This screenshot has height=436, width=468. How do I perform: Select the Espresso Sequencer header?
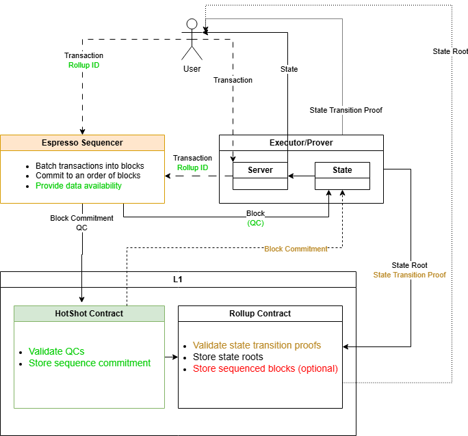pyautogui.click(x=82, y=143)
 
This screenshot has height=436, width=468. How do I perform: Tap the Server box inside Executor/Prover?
pyautogui.click(x=260, y=170)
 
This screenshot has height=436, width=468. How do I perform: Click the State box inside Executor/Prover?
pyautogui.click(x=342, y=170)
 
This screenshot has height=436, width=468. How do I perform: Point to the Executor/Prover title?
pyautogui.click(x=301, y=143)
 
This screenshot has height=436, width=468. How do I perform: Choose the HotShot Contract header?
pyautogui.click(x=89, y=314)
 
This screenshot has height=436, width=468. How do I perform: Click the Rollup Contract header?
pyautogui.click(x=260, y=314)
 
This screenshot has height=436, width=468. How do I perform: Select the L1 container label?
pyautogui.click(x=178, y=280)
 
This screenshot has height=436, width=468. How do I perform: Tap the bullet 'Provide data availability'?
pyautogui.click(x=79, y=186)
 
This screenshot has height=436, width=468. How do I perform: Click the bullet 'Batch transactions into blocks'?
pyautogui.click(x=90, y=166)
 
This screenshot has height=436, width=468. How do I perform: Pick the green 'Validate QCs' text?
pyautogui.click(x=57, y=351)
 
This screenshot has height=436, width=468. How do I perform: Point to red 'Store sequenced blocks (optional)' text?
pyautogui.click(x=265, y=368)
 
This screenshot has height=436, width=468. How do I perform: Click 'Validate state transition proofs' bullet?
pyautogui.click(x=257, y=345)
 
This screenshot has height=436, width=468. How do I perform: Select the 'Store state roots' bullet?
pyautogui.click(x=228, y=357)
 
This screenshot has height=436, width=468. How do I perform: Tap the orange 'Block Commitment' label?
pyautogui.click(x=296, y=249)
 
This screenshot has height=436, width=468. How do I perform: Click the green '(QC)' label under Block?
pyautogui.click(x=255, y=223)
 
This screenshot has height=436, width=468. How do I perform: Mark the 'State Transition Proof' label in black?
pyautogui.click(x=346, y=110)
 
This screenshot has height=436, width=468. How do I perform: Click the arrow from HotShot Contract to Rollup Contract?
pyautogui.click(x=171, y=357)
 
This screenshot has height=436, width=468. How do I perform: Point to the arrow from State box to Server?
pyautogui.click(x=301, y=176)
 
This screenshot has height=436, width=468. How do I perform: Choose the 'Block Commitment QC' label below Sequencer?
pyautogui.click(x=82, y=223)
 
